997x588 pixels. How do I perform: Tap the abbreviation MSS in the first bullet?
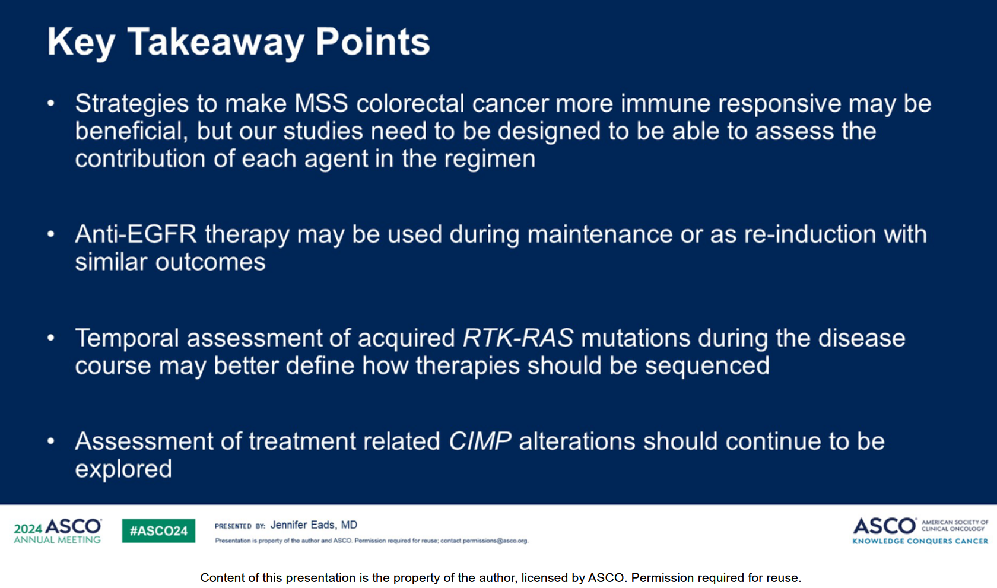pos(321,103)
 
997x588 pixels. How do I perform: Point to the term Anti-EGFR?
pos(136,234)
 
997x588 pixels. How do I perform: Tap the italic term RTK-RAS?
pos(518,338)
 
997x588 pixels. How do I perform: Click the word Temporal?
pos(127,338)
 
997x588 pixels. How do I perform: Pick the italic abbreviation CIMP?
pos(480,441)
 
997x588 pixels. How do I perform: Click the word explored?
pos(123,469)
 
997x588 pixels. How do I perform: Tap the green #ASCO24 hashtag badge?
pos(158,530)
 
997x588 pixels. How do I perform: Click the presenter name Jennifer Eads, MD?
pos(314,525)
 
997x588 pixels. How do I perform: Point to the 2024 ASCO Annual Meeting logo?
pos(58,530)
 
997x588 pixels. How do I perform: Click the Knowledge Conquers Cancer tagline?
pos(920,541)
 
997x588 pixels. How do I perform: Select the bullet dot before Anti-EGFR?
pos(51,234)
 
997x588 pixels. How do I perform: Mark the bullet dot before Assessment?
pos(51,441)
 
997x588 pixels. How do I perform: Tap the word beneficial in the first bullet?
pos(131,132)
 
